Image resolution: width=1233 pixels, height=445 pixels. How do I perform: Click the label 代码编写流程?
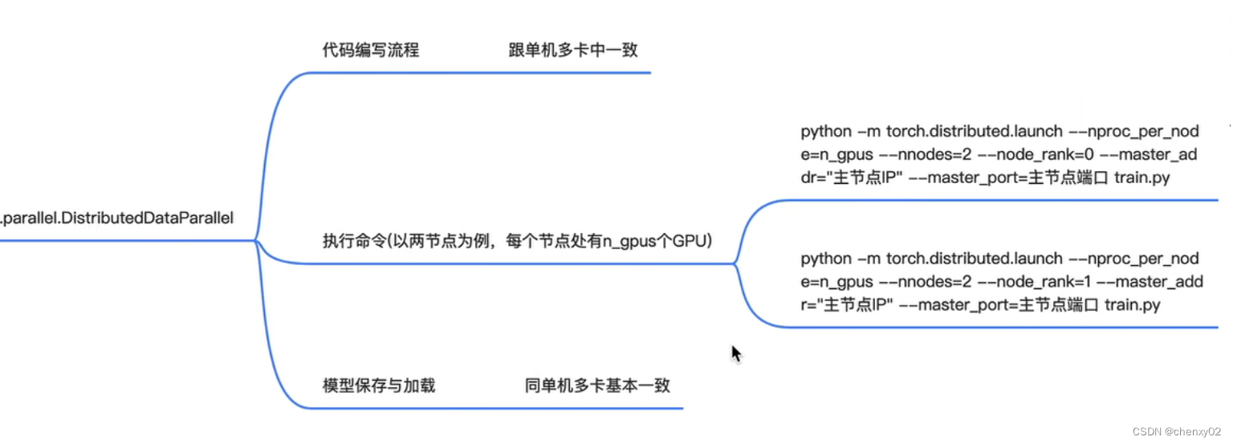370,50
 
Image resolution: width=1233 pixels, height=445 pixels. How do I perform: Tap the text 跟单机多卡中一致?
572,50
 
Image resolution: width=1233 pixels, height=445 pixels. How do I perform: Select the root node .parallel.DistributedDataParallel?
117,218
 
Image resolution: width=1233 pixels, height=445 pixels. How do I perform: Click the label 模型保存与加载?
378,386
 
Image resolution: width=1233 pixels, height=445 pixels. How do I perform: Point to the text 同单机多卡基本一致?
597,386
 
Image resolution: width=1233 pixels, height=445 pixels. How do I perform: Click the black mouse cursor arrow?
735,353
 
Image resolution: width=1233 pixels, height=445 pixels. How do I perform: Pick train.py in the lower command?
1133,305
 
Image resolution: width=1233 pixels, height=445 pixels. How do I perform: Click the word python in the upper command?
826,131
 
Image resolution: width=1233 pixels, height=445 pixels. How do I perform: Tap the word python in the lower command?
826,259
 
